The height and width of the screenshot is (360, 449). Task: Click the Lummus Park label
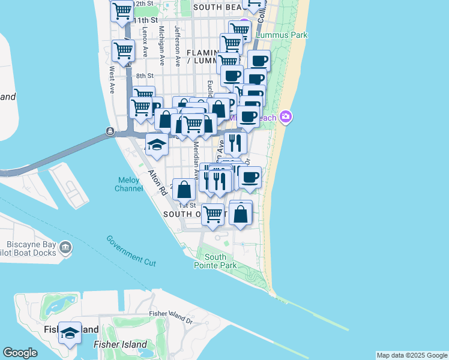click(282, 35)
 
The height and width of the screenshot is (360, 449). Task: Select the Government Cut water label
click(131, 250)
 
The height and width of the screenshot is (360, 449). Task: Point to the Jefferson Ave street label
click(178, 46)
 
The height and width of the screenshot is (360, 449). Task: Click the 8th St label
click(145, 76)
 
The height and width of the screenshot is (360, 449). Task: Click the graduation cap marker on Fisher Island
click(70, 332)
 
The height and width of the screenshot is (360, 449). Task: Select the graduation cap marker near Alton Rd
click(157, 145)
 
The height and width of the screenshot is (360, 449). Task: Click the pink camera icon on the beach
click(286, 117)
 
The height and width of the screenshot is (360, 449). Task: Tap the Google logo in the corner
click(20, 353)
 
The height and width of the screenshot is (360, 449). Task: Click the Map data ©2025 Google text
click(411, 355)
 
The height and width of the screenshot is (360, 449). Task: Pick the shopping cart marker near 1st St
click(213, 214)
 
